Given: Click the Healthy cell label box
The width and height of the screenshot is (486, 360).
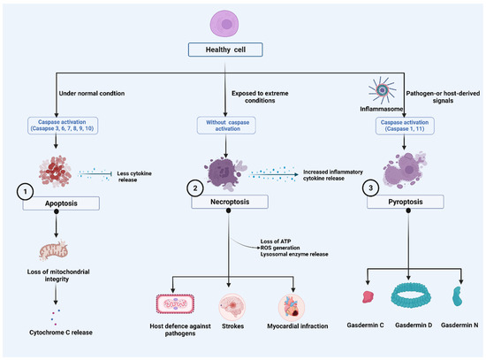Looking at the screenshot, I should coord(239,50).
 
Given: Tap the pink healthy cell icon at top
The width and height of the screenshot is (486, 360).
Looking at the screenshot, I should coord(239,19).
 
